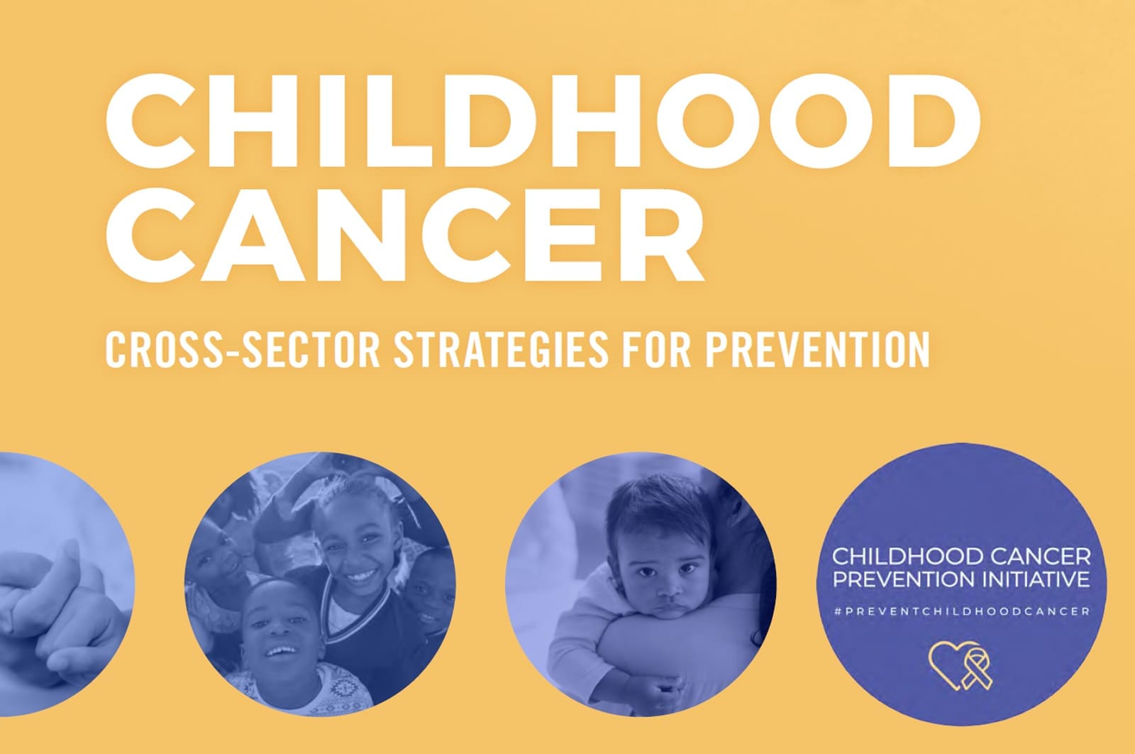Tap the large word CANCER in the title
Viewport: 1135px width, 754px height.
405,235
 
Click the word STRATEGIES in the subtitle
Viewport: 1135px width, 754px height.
502,349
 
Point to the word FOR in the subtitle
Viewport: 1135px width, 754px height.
657,349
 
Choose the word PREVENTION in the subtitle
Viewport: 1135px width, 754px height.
819,349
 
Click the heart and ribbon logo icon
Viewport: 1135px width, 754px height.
960,666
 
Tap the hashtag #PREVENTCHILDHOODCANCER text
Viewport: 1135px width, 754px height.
962,611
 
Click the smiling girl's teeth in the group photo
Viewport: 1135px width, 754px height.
360,577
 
